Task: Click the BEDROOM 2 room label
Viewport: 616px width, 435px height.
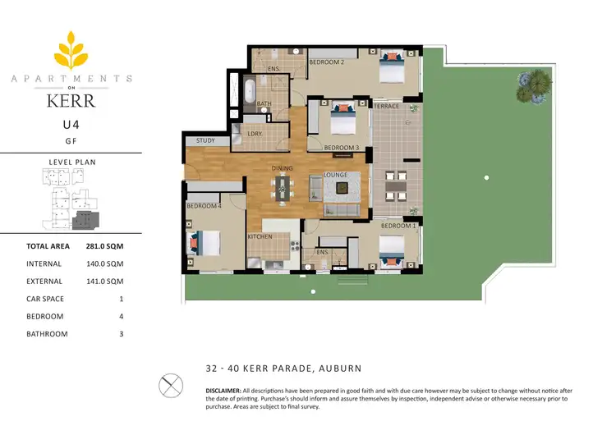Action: click(326, 62)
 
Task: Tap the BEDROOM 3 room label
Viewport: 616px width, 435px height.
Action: click(342, 148)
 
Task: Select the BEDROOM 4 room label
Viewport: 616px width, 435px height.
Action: click(204, 206)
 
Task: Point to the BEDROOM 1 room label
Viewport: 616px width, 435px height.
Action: click(398, 225)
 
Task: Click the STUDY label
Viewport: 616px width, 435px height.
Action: click(205, 141)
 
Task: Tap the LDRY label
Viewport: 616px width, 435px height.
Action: click(255, 134)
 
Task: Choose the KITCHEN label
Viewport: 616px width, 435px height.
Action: click(260, 237)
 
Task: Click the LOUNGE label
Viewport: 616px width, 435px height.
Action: click(336, 175)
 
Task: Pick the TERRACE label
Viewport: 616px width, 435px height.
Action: click(386, 107)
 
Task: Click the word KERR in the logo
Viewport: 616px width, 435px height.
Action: click(71, 101)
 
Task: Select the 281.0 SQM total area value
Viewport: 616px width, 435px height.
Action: click(103, 246)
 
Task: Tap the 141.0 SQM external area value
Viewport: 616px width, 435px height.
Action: click(103, 282)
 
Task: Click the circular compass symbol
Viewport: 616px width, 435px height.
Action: click(170, 385)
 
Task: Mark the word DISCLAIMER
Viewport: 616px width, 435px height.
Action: click(223, 389)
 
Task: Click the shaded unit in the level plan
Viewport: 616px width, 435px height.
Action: click(85, 219)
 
